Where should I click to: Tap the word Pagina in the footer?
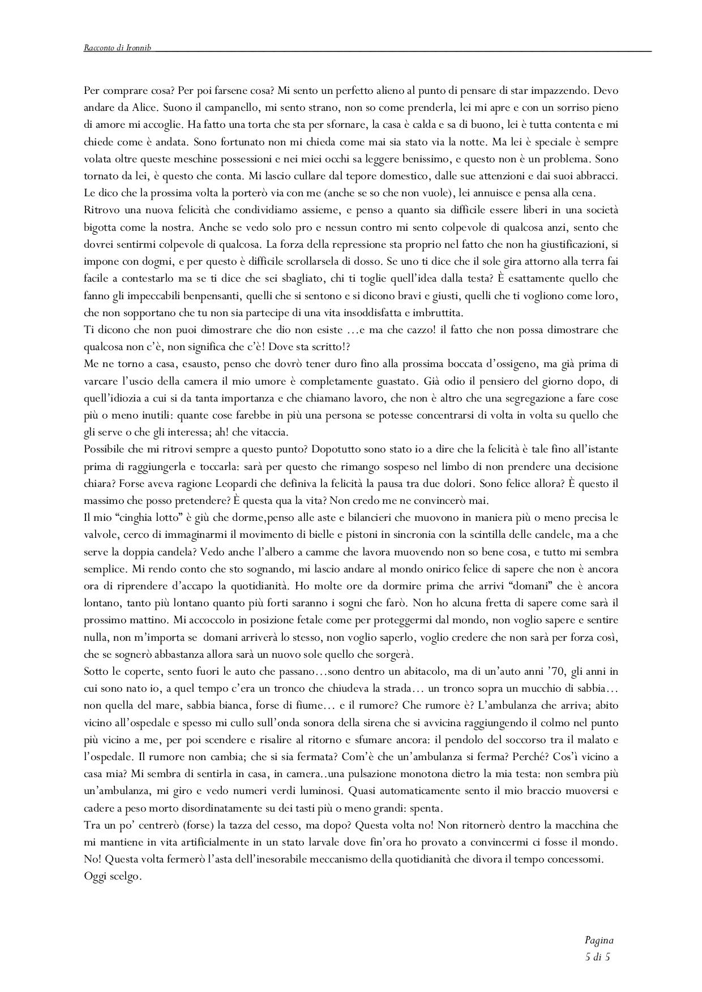pos(599,941)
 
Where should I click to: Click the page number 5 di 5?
pos(597,958)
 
